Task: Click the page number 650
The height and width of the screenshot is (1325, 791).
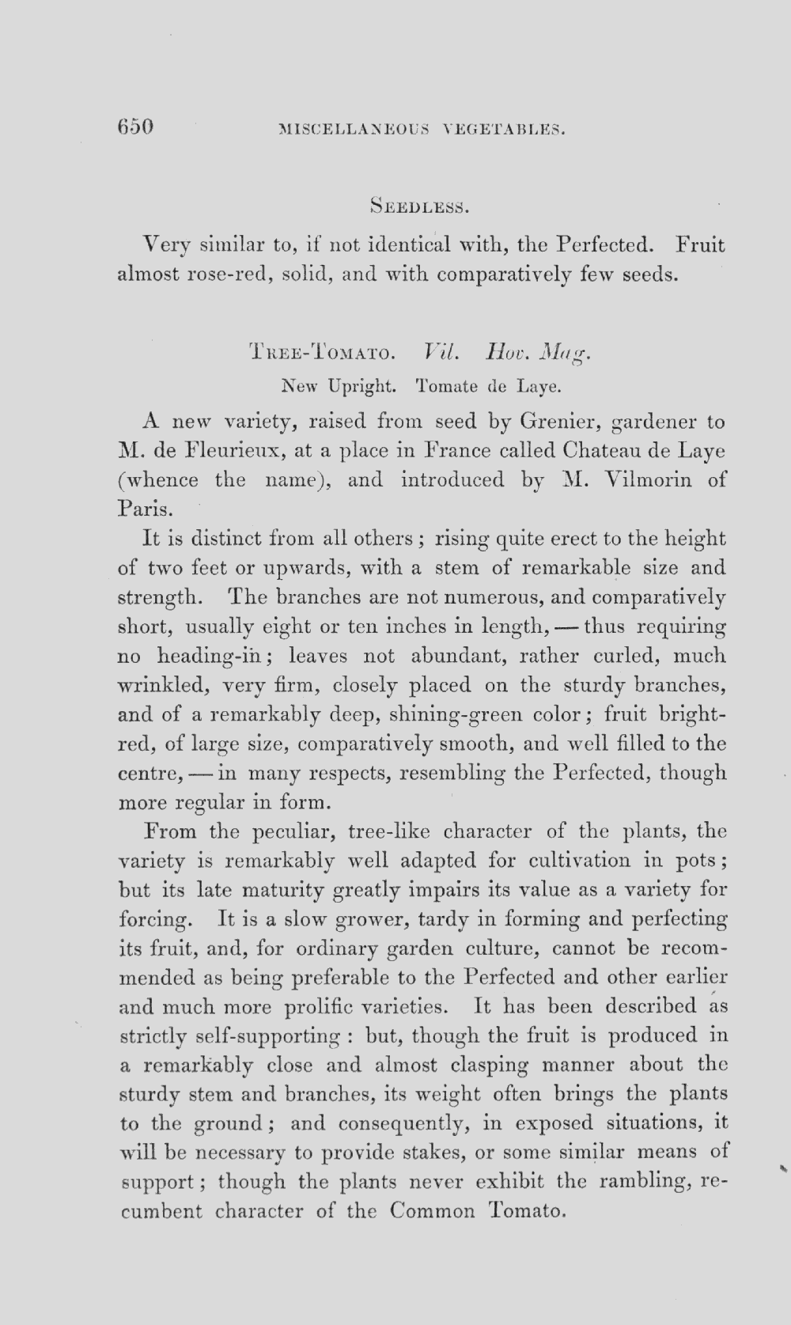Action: [x=134, y=127]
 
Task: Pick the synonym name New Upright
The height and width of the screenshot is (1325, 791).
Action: [x=337, y=387]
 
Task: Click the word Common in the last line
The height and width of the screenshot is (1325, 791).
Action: [x=433, y=1211]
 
